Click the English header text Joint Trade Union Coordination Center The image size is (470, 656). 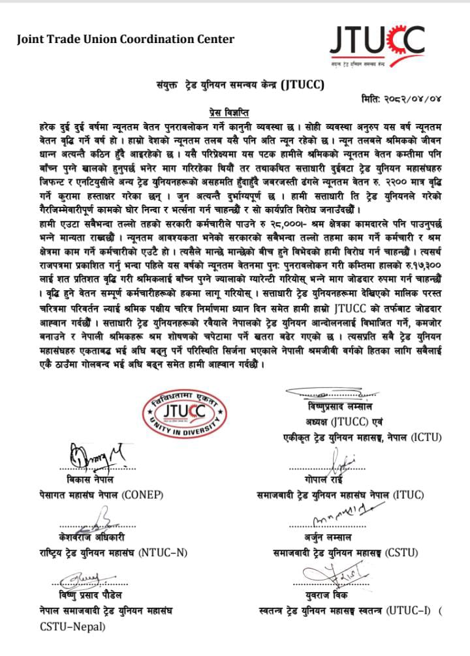tap(125, 40)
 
